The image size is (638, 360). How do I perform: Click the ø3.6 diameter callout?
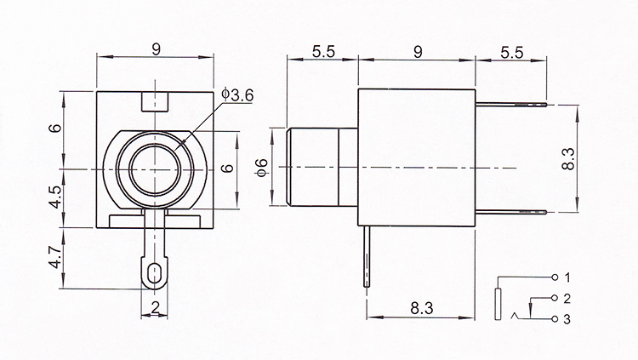pos(237,94)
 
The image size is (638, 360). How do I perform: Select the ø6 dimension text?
pos(262,168)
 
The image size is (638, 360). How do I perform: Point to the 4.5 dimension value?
pos(55,197)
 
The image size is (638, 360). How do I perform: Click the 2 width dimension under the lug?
pos(155,307)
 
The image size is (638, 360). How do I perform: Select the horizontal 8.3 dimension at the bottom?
pos(422,308)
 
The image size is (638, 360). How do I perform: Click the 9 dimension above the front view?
pos(156,49)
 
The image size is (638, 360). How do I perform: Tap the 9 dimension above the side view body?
pos(418,52)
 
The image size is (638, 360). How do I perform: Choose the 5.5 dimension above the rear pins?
pos(511,52)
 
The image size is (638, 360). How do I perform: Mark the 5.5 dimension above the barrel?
pos(323,51)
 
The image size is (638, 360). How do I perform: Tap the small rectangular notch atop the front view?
pos(155,101)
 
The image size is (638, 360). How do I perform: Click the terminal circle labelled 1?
pos(555,277)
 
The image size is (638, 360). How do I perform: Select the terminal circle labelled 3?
pos(555,319)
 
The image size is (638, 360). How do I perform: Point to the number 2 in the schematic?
pos(567,299)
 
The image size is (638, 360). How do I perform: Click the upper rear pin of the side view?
pos(510,105)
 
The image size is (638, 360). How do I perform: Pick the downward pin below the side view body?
pos(367,256)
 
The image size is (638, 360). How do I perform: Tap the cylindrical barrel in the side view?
pos(322,168)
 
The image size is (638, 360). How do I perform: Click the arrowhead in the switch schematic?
pos(531,312)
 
